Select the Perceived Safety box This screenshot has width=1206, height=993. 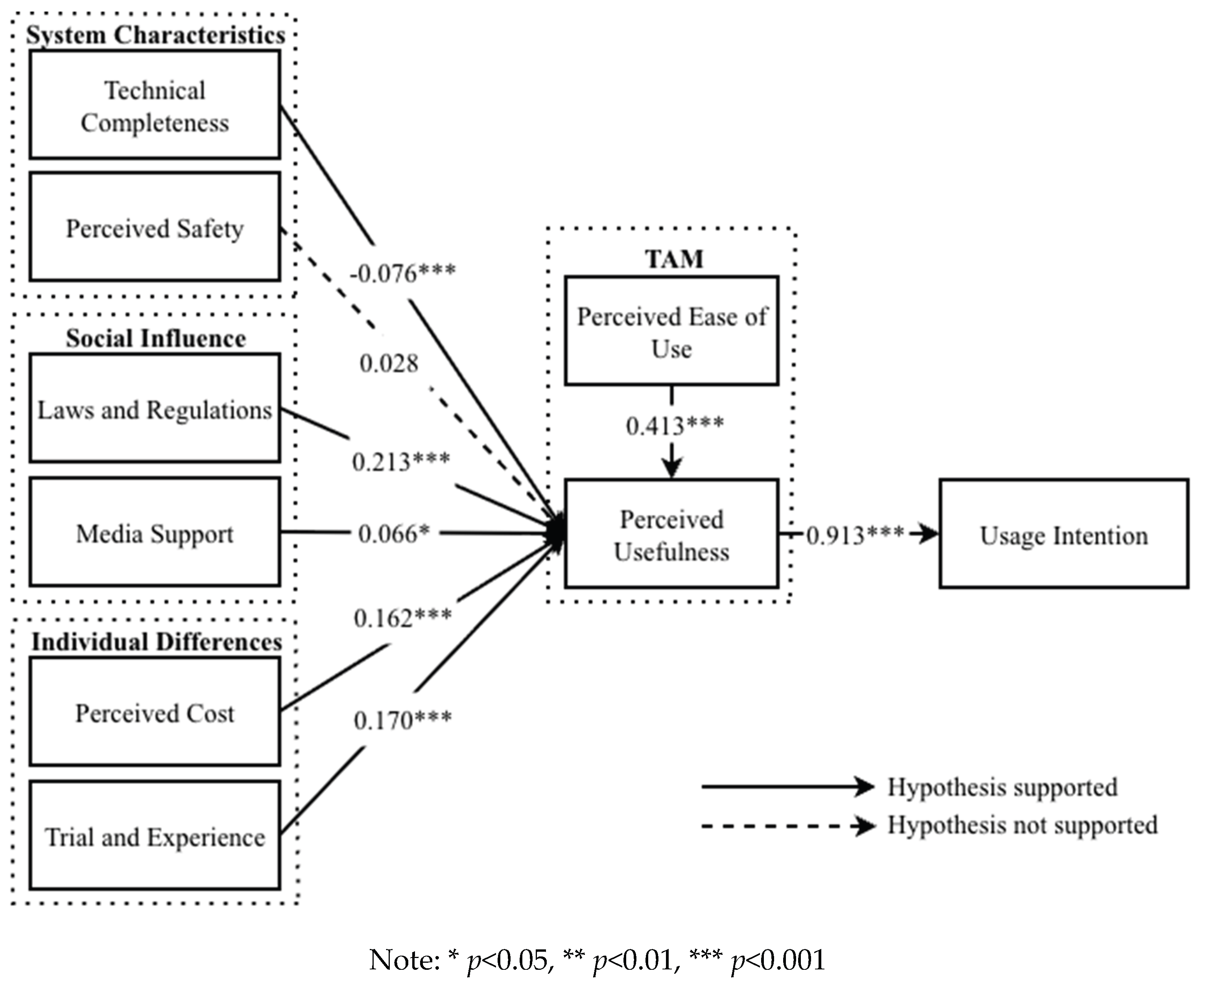pos(155,227)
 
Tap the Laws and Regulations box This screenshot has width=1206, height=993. pos(155,408)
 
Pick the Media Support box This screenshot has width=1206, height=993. pos(155,533)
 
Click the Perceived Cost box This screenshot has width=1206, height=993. pos(155,712)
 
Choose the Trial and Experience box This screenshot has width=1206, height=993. pos(155,836)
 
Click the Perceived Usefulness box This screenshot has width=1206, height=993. pos(671,534)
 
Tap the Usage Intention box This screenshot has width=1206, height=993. pos(1064,534)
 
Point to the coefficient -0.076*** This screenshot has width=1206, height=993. pos(402,274)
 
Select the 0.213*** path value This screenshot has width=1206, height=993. pos(401,462)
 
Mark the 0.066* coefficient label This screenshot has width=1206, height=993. pos(394,534)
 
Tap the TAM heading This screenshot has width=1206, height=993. pos(674,259)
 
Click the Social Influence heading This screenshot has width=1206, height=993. pos(156,338)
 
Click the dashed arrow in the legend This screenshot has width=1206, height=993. pos(787,826)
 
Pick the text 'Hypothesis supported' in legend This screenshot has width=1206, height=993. pos(1002,787)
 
